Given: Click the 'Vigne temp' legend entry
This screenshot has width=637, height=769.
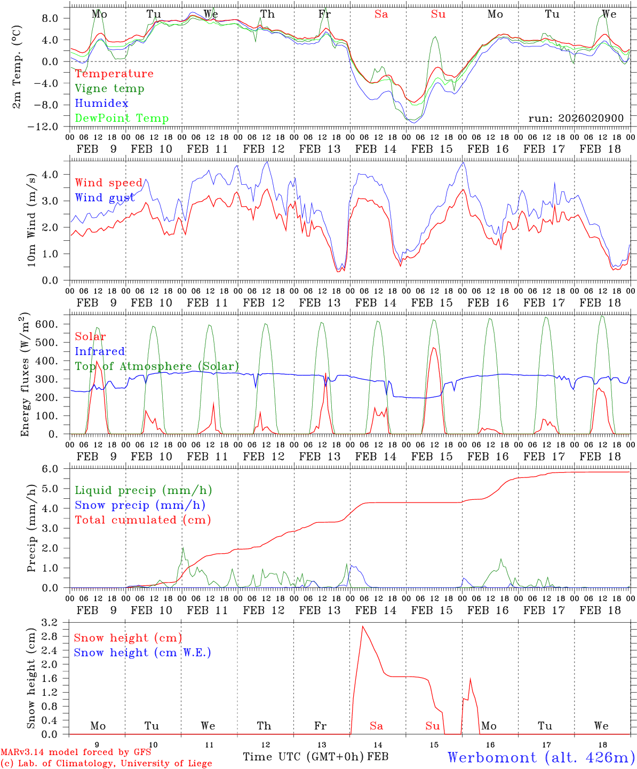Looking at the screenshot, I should click(109, 89).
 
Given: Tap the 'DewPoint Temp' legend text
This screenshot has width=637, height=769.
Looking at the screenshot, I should click(122, 119).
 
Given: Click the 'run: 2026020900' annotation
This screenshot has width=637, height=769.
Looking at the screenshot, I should click(576, 118).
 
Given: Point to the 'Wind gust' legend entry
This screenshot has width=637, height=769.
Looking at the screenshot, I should click(105, 198).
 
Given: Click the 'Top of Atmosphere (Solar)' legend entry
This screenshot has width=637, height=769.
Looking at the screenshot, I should click(157, 366).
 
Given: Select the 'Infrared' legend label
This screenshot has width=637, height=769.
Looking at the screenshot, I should click(100, 351).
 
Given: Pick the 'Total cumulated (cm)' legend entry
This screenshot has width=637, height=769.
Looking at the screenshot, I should click(143, 520).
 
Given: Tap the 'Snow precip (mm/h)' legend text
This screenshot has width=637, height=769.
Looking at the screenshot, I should click(140, 505).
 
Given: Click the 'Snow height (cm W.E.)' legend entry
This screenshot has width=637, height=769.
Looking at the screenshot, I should click(142, 653).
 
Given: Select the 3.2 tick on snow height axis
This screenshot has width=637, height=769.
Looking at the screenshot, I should click(49, 623).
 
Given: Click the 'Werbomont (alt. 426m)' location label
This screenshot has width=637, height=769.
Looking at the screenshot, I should click(541, 757).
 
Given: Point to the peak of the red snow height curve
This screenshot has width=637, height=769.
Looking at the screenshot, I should click(362, 626).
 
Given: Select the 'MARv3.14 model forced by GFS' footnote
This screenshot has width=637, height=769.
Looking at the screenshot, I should click(76, 752).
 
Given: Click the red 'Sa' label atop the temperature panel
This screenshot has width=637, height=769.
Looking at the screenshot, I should click(381, 14).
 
